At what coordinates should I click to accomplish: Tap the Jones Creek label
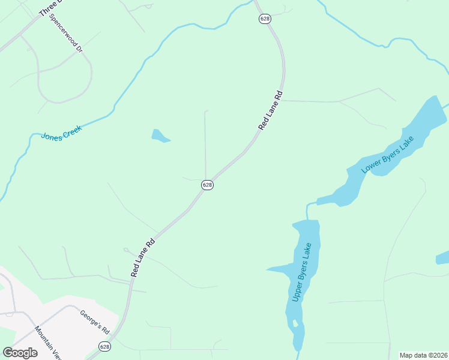pos(61,131)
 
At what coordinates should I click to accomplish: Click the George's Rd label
pos(95,321)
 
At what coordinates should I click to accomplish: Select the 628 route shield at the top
pos(265,19)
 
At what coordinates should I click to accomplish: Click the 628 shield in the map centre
pos(207,185)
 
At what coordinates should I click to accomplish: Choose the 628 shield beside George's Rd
pos(104,347)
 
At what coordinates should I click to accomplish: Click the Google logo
pos(20,352)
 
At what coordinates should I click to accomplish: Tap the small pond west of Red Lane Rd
pos(160,136)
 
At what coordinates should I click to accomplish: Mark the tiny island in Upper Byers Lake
pos(295,323)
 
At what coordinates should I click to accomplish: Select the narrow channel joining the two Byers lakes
pos(309,210)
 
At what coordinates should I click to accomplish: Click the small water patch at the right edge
pos(443,258)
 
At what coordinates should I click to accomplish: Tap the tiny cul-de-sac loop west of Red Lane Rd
pos(125,250)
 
